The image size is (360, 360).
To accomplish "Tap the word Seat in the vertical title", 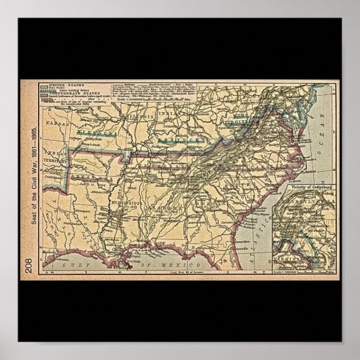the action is click(29, 235).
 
